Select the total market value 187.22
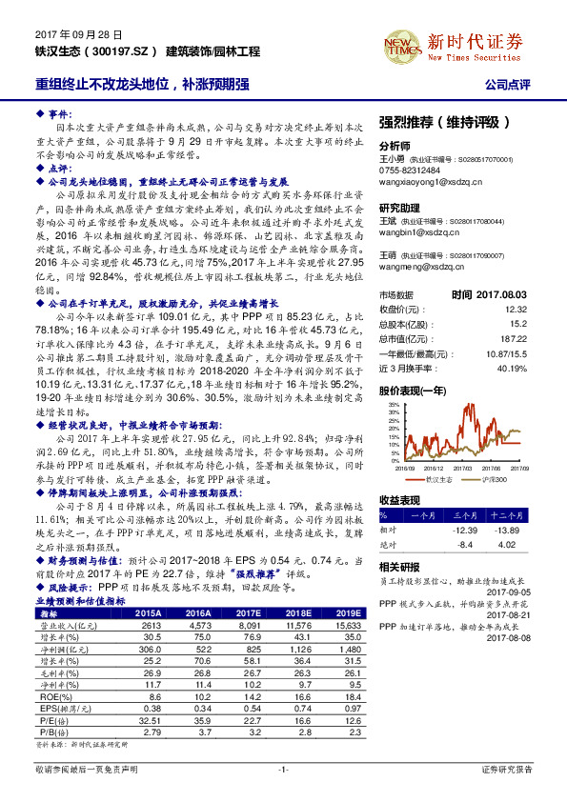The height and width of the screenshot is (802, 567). point(513,337)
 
